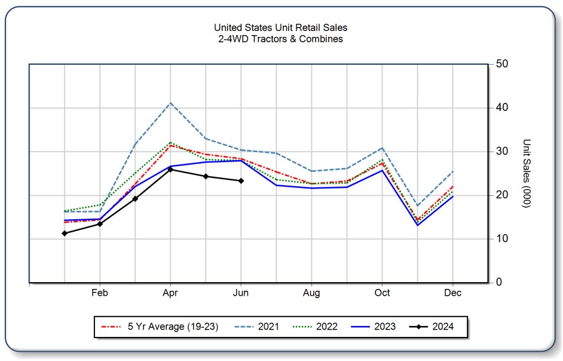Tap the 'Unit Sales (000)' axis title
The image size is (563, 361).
pos(525,173)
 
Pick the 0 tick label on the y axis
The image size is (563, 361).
pos(498,283)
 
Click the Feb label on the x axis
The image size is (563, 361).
pos(100,293)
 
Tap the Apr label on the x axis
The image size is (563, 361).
pos(170,293)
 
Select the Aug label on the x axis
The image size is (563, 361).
pos(311,293)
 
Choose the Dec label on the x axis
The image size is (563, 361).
pos(453,293)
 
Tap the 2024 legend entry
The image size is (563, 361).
pos(442,327)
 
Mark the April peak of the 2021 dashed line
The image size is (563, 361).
pos(170,103)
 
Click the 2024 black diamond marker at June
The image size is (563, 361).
pos(241,180)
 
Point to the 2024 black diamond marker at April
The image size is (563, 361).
pos(170,169)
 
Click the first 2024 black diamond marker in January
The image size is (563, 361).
pos(65,233)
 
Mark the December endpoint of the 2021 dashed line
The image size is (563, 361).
pos(453,171)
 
